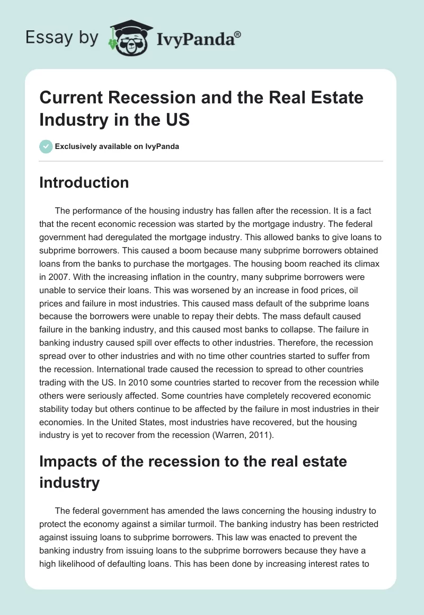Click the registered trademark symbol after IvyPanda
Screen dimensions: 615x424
point(238,34)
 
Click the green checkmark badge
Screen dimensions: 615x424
point(46,146)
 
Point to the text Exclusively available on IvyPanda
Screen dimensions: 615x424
point(117,146)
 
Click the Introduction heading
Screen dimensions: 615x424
point(84,182)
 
